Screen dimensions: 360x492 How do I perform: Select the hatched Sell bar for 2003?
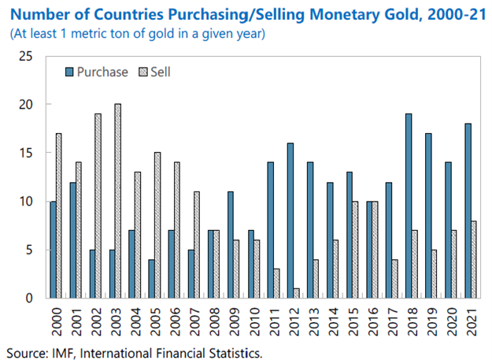118,201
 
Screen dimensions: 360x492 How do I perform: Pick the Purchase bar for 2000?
53,250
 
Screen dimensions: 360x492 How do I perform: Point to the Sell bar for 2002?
98,206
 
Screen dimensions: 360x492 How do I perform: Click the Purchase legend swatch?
68,72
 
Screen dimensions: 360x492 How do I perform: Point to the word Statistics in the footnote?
231,351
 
